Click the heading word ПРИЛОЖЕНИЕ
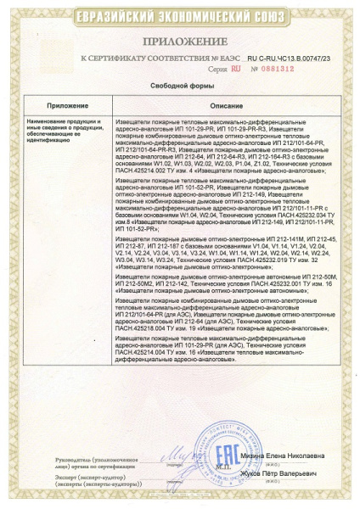point(180,40)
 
